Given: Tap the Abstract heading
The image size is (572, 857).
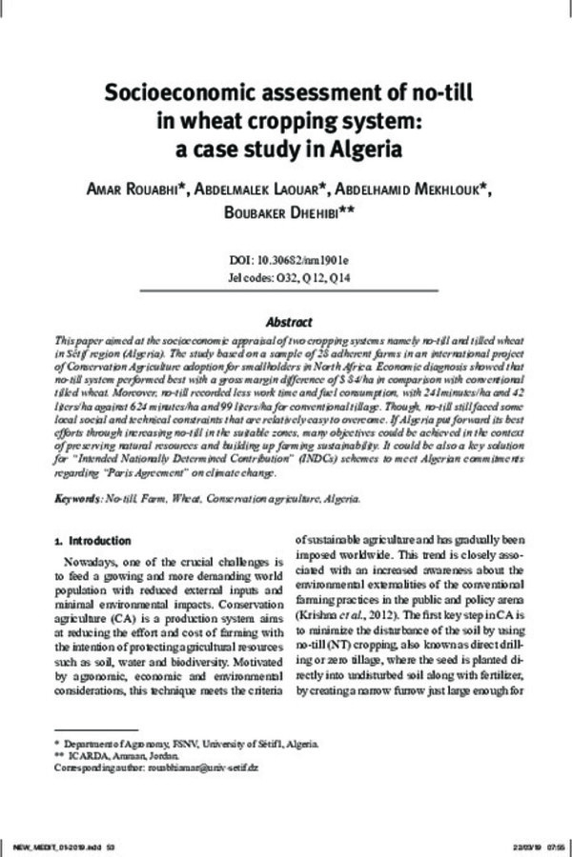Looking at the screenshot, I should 286,322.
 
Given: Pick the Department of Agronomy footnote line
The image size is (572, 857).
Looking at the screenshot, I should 181,743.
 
